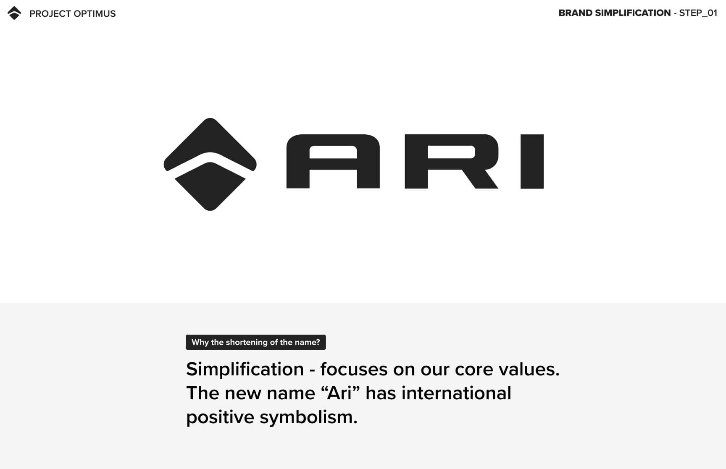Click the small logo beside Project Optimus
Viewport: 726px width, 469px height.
14,13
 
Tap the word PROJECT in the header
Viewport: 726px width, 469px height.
50,14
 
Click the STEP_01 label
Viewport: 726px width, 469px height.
698,13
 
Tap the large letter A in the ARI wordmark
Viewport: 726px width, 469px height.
333,161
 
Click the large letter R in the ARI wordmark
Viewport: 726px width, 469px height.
452,161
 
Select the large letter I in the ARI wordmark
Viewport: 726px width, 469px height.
532,162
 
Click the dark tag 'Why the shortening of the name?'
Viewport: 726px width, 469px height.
256,342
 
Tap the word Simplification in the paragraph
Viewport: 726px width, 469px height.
245,369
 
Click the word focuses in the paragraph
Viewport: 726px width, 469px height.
354,369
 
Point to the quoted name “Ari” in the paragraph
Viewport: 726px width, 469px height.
341,393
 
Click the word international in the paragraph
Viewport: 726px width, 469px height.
456,393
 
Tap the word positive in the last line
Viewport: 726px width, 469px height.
220,418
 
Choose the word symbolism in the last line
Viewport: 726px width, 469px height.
308,418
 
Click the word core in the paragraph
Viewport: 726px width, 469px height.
473,370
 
